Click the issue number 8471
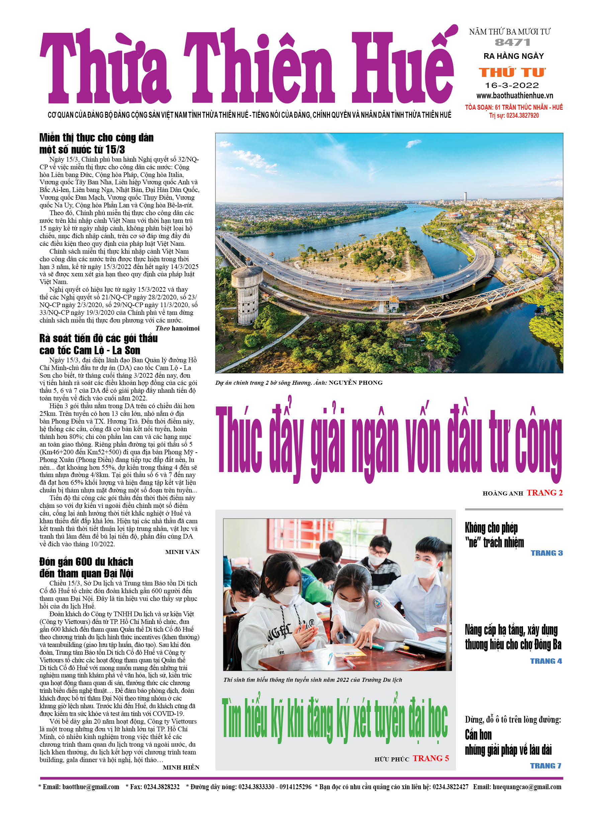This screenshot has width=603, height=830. coord(512,42)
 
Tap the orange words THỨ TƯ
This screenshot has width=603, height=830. coord(512,73)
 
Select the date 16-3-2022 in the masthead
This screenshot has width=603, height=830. coord(512,86)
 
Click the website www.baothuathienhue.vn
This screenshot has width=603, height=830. coord(514,96)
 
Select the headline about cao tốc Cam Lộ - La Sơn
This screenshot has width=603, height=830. coord(98,344)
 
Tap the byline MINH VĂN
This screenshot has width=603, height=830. coord(182,552)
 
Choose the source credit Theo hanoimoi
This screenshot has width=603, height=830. coord(177,328)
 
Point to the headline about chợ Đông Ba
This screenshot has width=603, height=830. coord(513,637)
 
